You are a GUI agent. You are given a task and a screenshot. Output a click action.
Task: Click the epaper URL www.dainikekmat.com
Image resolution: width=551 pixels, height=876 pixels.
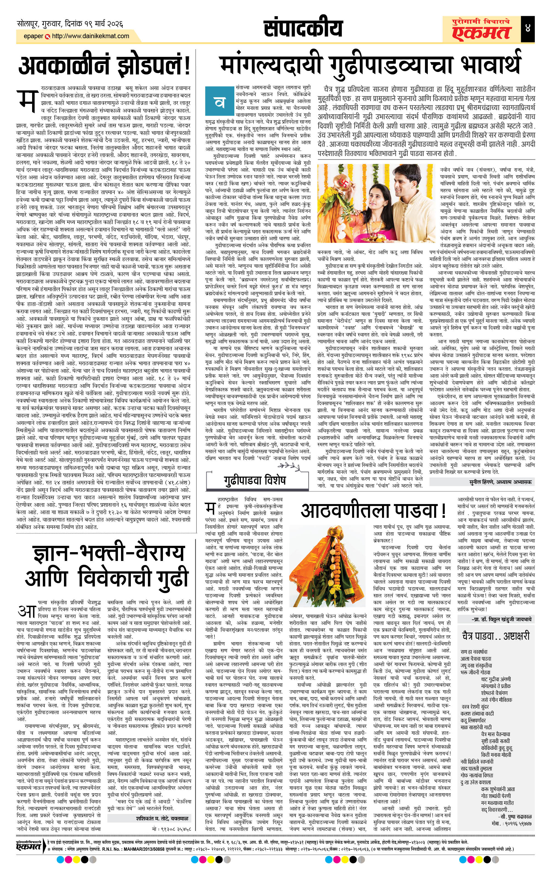[91, 36]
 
